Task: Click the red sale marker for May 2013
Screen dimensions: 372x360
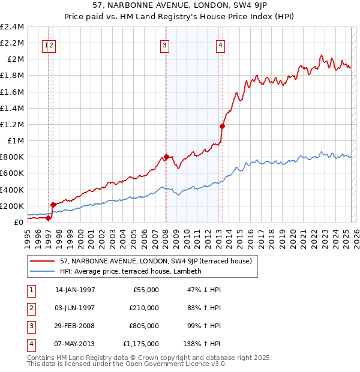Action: (x=222, y=126)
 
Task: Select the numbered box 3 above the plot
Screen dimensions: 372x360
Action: (x=164, y=44)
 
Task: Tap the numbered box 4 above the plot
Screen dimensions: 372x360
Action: (x=221, y=44)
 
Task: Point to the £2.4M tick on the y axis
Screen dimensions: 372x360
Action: (x=13, y=27)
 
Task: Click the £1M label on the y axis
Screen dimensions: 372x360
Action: (x=16, y=141)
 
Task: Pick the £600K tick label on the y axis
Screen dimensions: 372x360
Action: (x=13, y=173)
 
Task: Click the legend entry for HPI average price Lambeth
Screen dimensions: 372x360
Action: (x=130, y=271)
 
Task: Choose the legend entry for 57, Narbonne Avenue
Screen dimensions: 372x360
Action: (x=159, y=261)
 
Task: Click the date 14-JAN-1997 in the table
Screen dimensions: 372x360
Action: (x=75, y=290)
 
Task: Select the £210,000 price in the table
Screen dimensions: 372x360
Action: (x=144, y=308)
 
